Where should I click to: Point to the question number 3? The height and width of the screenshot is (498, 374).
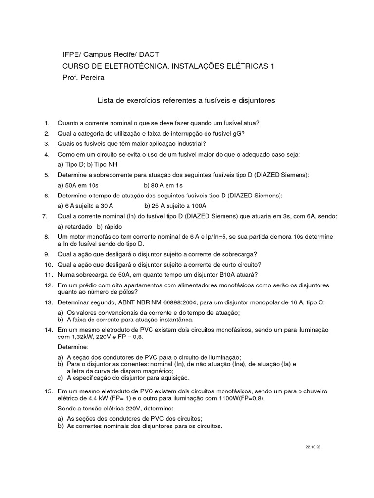click(x=47, y=143)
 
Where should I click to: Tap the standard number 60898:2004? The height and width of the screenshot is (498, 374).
click(x=199, y=302)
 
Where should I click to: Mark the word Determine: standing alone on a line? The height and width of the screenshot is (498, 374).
click(x=73, y=348)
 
